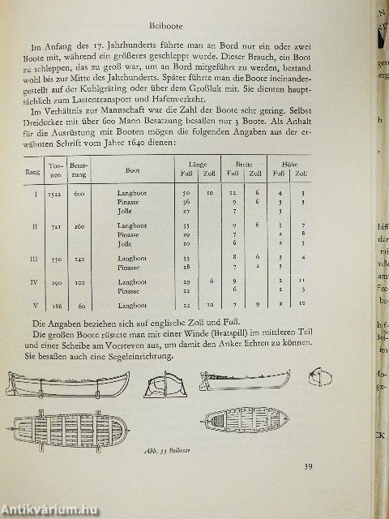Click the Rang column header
coord(36,170)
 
